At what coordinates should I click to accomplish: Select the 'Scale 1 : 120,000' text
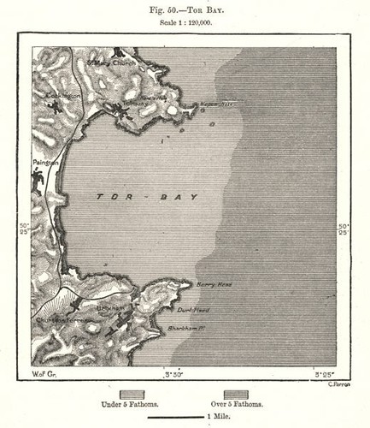(185, 24)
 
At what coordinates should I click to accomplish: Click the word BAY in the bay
(180, 197)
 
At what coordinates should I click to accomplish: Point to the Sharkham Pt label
(209, 327)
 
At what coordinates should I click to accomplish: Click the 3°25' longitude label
(323, 374)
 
